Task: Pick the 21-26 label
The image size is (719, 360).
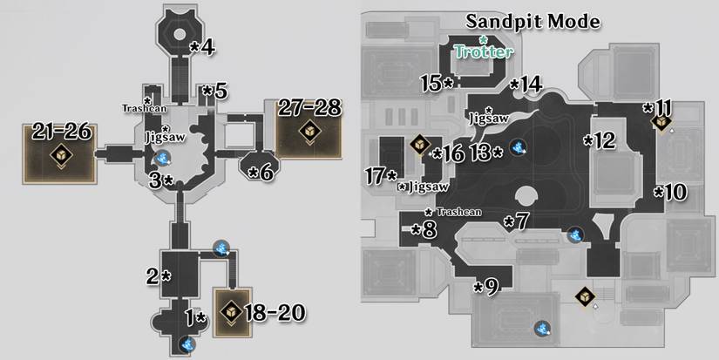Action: (61, 131)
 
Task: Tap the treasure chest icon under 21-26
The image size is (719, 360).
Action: (61, 156)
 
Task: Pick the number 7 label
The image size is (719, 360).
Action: (518, 221)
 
